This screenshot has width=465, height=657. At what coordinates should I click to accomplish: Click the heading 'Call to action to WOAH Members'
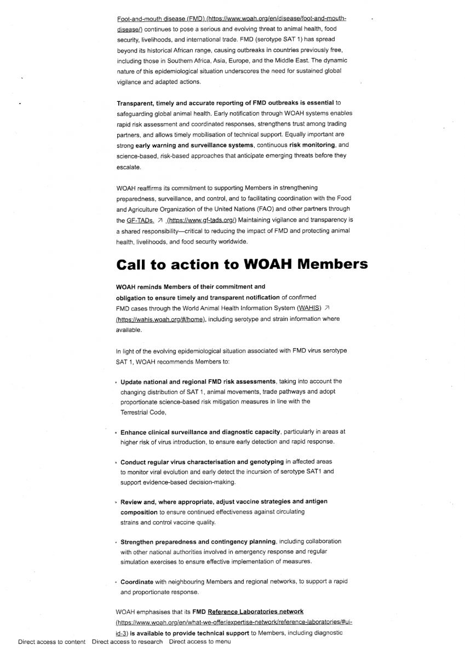point(242,264)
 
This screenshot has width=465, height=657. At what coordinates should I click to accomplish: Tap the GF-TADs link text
point(140,220)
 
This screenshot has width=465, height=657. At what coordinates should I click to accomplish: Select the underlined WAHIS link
point(309,308)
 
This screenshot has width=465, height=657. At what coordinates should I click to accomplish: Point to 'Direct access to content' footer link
point(51,642)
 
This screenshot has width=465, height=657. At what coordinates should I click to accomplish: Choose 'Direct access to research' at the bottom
point(127,642)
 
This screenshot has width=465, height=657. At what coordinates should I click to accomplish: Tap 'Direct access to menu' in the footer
point(199,642)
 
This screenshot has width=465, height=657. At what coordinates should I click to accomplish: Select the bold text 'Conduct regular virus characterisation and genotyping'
point(202,462)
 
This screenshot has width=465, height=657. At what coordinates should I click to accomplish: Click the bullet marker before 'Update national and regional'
point(117,382)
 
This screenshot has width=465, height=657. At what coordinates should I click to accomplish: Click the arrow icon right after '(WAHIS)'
point(327,308)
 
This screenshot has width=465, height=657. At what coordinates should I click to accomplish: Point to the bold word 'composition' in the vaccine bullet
point(139,511)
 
